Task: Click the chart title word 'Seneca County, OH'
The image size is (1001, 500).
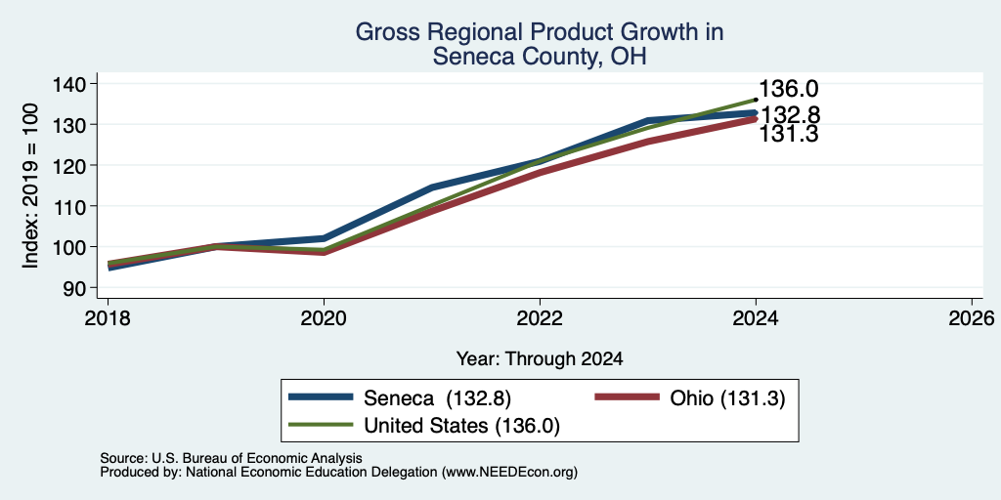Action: click(x=540, y=57)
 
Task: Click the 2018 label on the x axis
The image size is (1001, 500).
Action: click(x=108, y=318)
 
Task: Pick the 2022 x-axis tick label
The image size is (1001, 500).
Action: click(x=540, y=318)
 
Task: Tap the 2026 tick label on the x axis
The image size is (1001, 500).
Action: click(x=972, y=318)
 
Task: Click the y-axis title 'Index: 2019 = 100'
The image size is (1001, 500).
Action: click(x=30, y=186)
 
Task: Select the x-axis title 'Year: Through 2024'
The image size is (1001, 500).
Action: click(x=540, y=359)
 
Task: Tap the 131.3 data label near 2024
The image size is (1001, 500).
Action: click(x=789, y=134)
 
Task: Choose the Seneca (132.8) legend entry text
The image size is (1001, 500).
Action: click(x=437, y=398)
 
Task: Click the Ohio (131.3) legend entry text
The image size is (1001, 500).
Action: click(x=727, y=398)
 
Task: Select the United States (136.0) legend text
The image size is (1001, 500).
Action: click(x=461, y=426)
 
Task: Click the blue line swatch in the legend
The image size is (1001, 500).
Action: click(x=321, y=397)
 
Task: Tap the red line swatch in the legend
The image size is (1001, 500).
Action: click(x=627, y=397)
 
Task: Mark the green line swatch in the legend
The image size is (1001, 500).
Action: click(x=321, y=425)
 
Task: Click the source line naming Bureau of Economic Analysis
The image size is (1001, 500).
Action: click(x=231, y=458)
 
